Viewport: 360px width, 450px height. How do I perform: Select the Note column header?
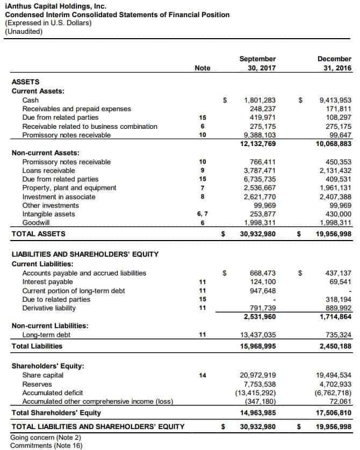click(203, 68)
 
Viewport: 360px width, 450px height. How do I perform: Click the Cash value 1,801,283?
click(260, 100)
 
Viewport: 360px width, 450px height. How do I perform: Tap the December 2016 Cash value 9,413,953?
click(335, 100)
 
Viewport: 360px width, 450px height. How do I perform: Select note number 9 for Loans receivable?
click(203, 170)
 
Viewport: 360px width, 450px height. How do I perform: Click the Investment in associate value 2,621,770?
click(260, 197)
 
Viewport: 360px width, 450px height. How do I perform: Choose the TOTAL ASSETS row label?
click(39, 234)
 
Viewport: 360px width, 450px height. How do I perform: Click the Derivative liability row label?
click(49, 308)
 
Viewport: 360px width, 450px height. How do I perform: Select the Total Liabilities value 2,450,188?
click(335, 346)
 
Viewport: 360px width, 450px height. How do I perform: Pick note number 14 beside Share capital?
click(203, 375)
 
